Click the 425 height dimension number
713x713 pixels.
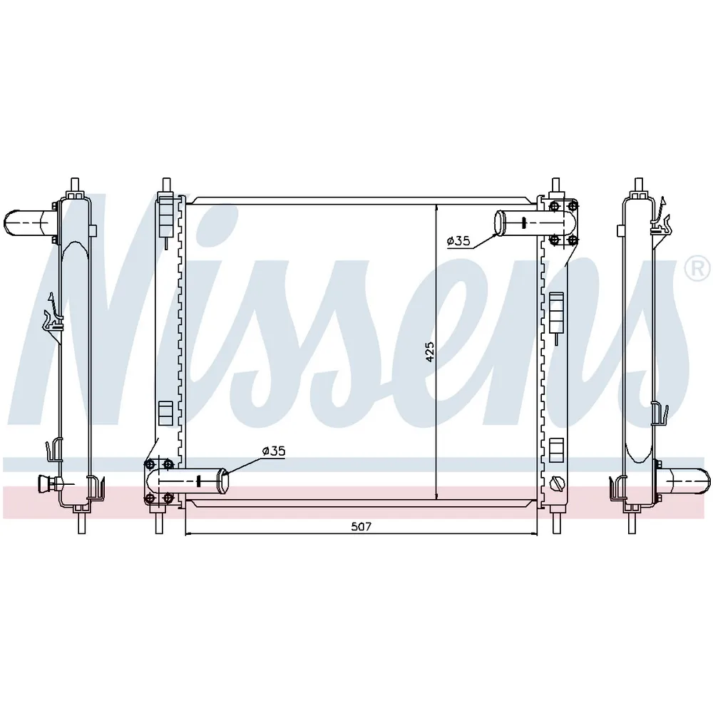pos(430,352)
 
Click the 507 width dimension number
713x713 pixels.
pos(361,527)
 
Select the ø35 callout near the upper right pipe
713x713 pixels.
pos(458,241)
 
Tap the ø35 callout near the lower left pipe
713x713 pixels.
pos(274,451)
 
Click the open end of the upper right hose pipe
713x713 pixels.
pos(500,222)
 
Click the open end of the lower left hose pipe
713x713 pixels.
pos(224,481)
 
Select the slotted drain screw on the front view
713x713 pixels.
pos(557,483)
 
